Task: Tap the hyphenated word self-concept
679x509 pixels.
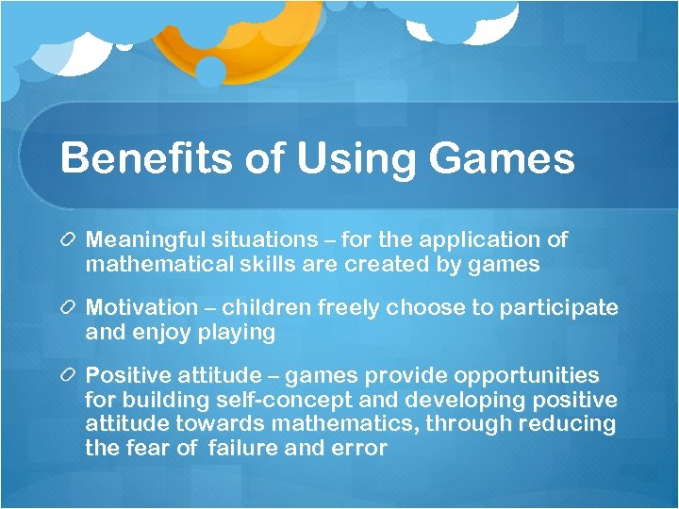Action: [269, 401]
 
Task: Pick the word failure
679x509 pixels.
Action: [244, 449]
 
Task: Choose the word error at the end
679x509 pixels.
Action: [357, 449]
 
